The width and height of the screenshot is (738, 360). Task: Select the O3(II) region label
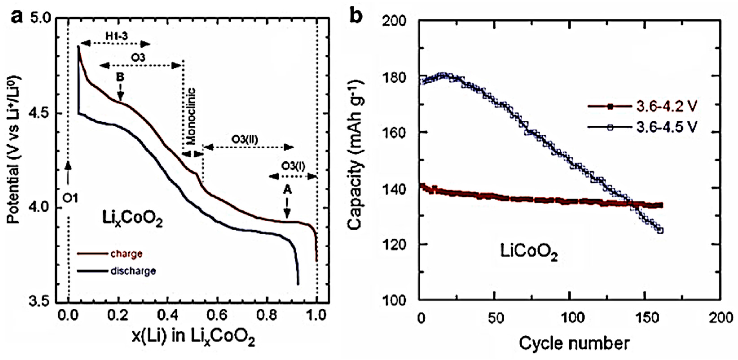pos(245,140)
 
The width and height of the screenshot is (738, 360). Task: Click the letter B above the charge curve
pos(120,77)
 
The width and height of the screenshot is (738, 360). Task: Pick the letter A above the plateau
pos(287,190)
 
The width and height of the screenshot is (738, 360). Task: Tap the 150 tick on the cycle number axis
pos(645,319)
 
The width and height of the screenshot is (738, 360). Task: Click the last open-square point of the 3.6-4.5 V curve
pos(660,230)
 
